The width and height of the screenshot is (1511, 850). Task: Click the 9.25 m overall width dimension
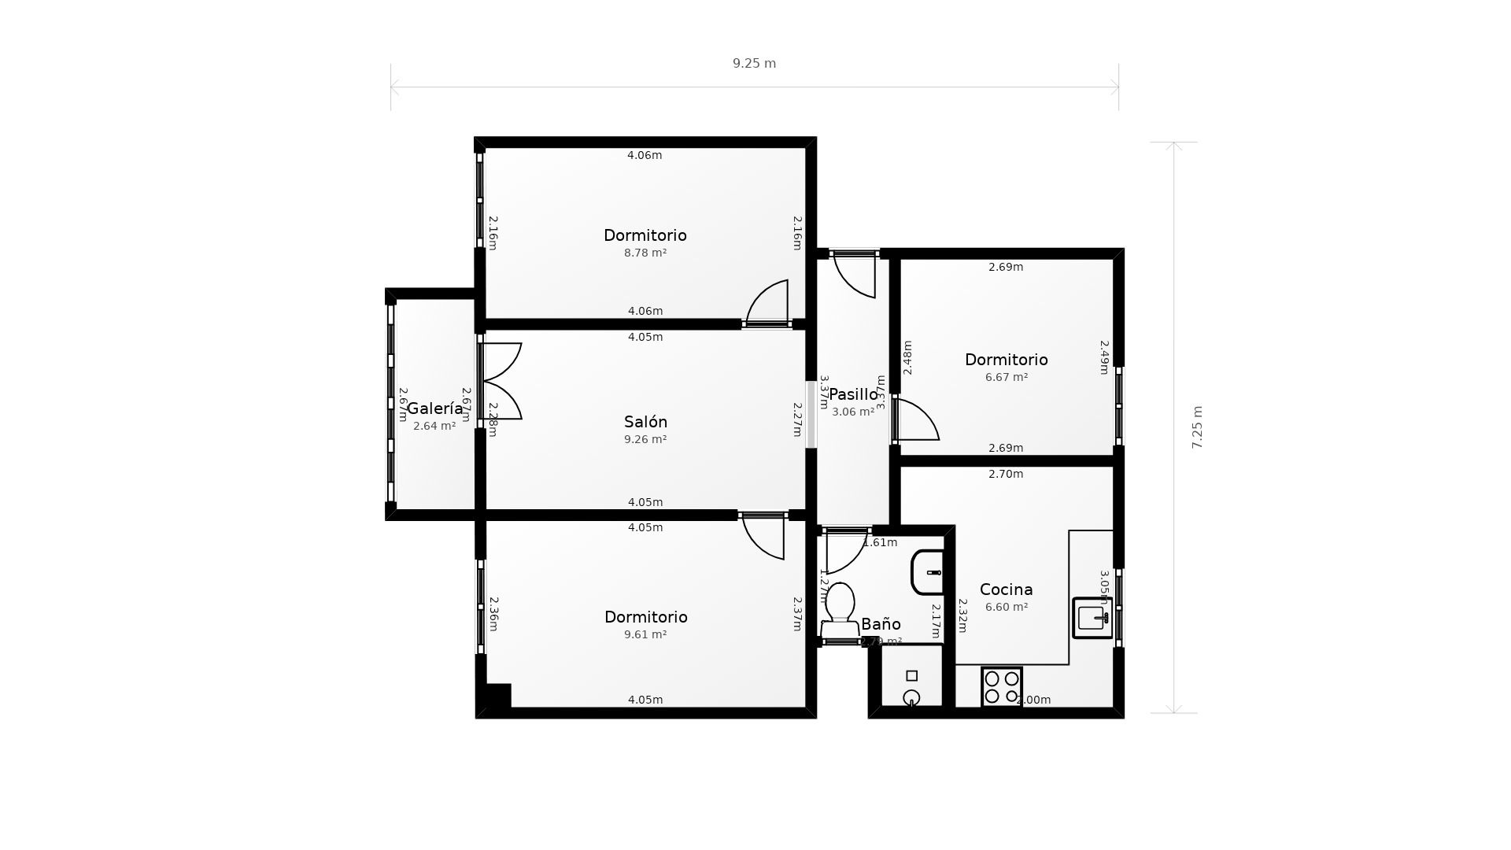point(754,64)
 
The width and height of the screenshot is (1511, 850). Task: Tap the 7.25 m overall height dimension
point(1197,427)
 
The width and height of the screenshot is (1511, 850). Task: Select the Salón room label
point(645,422)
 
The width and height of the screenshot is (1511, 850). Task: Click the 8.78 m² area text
point(645,253)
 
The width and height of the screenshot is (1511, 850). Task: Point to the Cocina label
point(1006,589)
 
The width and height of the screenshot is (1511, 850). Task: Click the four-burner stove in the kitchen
point(1002,687)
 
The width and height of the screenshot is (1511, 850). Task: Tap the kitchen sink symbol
point(1092,617)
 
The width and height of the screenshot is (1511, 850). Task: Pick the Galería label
point(434,408)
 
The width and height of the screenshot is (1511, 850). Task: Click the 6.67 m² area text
point(1007,377)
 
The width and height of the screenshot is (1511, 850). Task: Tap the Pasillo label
point(853,394)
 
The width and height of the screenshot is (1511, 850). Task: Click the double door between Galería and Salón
point(501,381)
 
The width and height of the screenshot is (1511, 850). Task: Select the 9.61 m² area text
point(645,634)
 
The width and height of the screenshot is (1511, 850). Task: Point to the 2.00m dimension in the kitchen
point(1033,700)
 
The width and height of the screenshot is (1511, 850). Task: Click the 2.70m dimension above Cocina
point(1006,474)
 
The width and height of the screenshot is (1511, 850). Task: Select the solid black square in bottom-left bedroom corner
point(498,696)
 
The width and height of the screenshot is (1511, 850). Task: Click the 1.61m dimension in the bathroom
point(880,542)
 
